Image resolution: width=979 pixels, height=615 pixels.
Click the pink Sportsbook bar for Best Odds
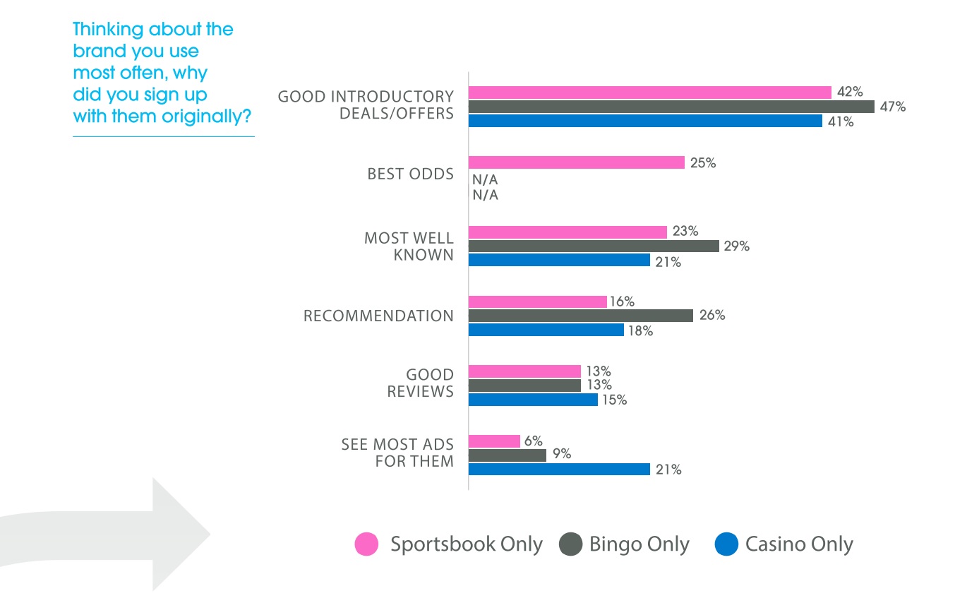point(576,162)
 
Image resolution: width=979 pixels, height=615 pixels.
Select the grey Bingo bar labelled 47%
point(671,107)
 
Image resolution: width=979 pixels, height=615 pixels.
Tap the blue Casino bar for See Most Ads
point(558,470)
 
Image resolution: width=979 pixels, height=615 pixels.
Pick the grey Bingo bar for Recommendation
point(580,316)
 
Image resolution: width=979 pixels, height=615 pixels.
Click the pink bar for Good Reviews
point(524,371)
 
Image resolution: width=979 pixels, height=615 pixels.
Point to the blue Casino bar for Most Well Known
point(558,261)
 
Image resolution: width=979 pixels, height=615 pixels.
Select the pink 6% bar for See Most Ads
point(494,441)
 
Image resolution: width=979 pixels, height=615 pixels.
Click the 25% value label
point(703,163)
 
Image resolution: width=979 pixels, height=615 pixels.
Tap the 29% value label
point(736,246)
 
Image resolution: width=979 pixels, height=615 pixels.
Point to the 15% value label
point(614,400)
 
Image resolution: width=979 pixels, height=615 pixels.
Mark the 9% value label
point(562,454)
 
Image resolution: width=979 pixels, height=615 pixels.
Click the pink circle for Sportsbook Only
point(366,544)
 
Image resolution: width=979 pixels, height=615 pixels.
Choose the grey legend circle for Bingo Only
point(570,544)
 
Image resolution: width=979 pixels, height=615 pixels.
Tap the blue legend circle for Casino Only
point(726,544)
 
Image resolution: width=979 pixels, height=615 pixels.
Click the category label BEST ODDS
point(410,174)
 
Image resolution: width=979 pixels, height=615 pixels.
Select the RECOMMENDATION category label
point(378,316)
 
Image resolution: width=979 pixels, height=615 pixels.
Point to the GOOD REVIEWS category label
point(420,383)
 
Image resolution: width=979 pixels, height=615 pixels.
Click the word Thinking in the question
point(107,30)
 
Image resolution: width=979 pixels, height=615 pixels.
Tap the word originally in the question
point(206,117)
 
